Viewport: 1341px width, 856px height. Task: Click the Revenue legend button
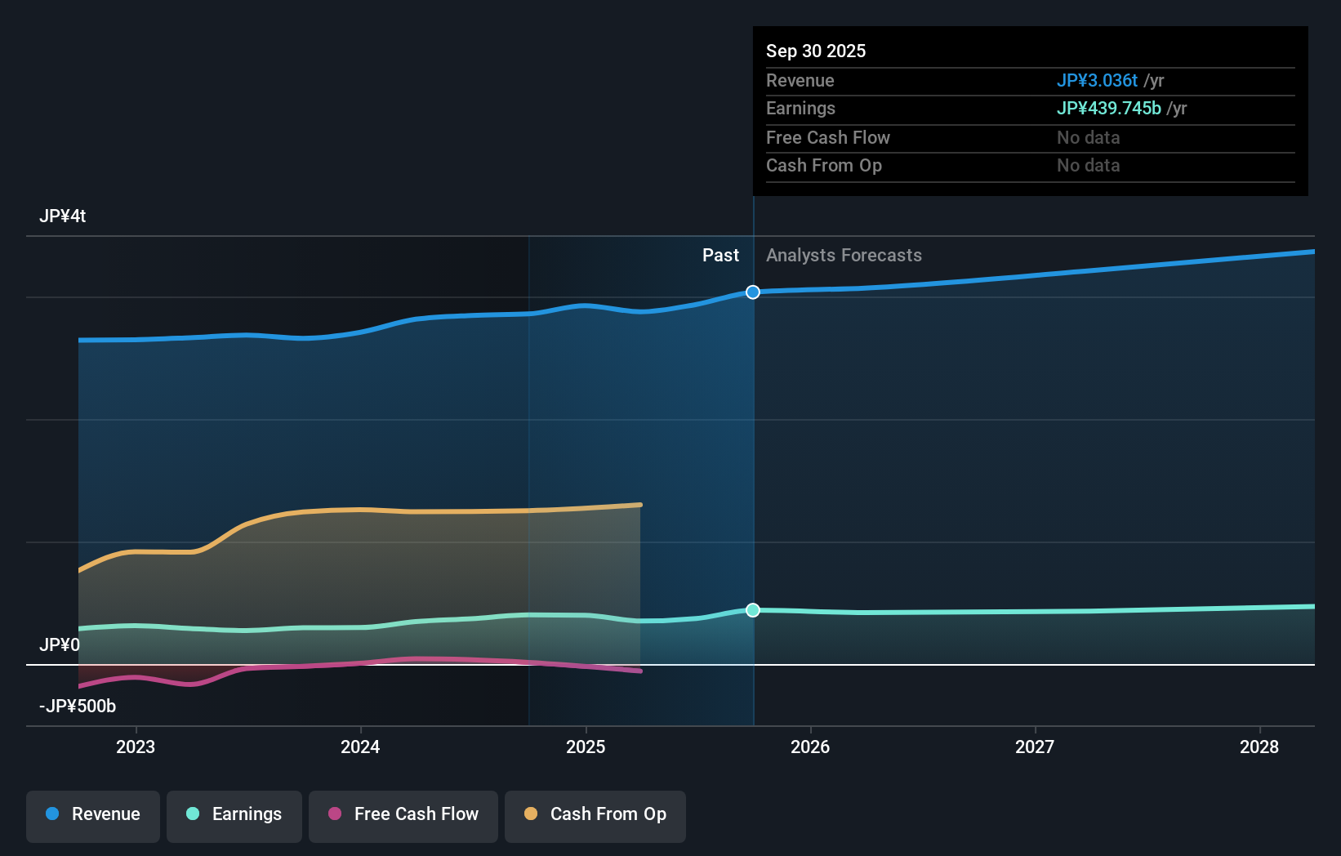click(x=93, y=814)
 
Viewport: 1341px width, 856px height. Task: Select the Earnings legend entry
click(x=234, y=814)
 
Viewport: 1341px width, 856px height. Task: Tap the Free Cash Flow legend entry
click(x=403, y=814)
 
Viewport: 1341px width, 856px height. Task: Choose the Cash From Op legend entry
click(x=595, y=814)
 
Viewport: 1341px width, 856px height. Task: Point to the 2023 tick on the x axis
click(x=136, y=747)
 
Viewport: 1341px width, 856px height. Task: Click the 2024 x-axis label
click(x=360, y=747)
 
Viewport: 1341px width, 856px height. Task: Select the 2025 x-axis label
click(x=586, y=747)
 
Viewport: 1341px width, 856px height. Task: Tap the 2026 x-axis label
click(x=810, y=747)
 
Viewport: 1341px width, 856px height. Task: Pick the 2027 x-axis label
click(x=1035, y=747)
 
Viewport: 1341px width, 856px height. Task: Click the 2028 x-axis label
click(x=1259, y=747)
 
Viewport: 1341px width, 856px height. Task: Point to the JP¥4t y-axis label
click(x=63, y=216)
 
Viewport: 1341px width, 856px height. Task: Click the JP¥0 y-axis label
click(x=60, y=645)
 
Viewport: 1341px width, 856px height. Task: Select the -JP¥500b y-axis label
click(x=78, y=707)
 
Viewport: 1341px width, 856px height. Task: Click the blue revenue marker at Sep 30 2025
click(x=753, y=292)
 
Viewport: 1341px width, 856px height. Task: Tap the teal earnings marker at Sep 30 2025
click(x=753, y=610)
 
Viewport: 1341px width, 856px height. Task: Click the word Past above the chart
click(x=720, y=256)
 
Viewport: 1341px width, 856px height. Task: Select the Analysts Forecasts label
click(x=844, y=256)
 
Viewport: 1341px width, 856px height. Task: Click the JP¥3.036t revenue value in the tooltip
click(x=1097, y=81)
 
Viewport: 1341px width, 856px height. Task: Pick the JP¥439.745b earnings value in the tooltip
click(x=1108, y=109)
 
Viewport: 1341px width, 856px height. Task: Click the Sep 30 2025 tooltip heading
click(x=816, y=51)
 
